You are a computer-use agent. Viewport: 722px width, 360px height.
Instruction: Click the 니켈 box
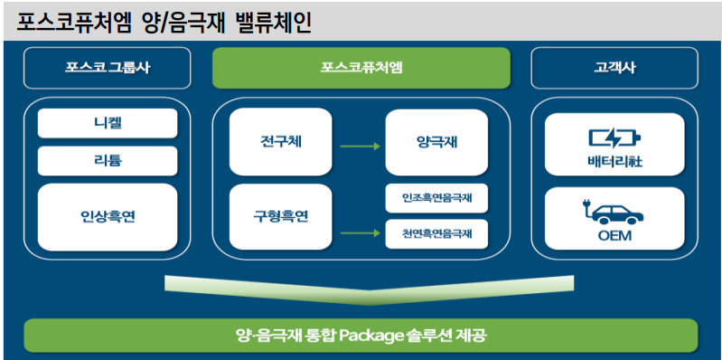[x=108, y=123]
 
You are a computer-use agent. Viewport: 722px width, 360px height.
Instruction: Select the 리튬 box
[x=108, y=160]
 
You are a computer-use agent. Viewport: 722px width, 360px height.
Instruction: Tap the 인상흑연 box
[x=108, y=217]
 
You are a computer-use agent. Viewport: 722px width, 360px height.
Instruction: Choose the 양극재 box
[x=436, y=142]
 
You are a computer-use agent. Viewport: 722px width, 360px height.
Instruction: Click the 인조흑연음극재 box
[x=436, y=197]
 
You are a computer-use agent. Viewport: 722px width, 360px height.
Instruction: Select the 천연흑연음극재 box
[x=436, y=234]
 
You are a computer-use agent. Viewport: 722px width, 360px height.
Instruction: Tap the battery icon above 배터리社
[x=614, y=139]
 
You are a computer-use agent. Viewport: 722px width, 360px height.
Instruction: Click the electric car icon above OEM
[x=614, y=213]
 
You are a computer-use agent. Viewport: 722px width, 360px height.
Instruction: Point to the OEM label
[x=614, y=237]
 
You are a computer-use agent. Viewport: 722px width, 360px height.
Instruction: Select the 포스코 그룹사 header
[x=107, y=68]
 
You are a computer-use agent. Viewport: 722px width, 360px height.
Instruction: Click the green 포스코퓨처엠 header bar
[x=361, y=68]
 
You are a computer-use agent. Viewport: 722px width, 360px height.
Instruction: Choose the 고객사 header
[x=614, y=68]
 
